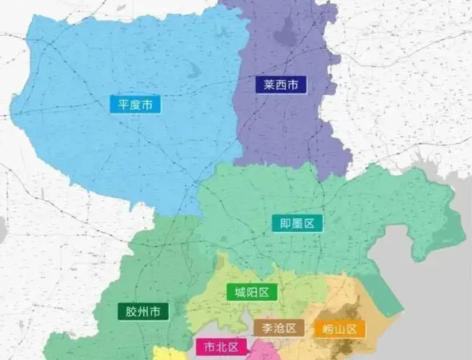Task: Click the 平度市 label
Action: pyautogui.click(x=135, y=104)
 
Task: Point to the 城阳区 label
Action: pyautogui.click(x=252, y=292)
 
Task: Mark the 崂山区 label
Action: pyautogui.click(x=340, y=329)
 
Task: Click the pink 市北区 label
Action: pyautogui.click(x=221, y=347)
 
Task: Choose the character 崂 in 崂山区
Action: pyautogui.click(x=325, y=329)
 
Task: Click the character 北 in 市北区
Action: pyautogui.click(x=221, y=347)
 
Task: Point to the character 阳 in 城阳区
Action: pyautogui.click(x=252, y=292)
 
